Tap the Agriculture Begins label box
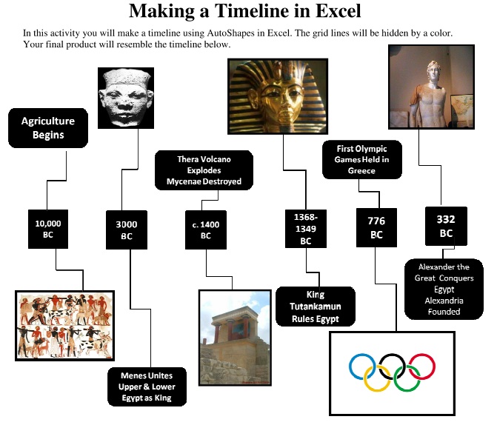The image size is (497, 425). [x=47, y=127]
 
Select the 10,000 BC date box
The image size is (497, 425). [x=48, y=228]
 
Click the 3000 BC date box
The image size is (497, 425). [x=127, y=230]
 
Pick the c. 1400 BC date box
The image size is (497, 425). [x=205, y=230]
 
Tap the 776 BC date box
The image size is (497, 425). [x=376, y=227]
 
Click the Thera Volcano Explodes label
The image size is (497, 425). [x=204, y=170]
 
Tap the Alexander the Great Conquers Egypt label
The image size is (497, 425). [x=444, y=289]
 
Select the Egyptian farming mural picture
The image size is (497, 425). [x=65, y=325]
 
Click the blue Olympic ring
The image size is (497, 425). [x=363, y=366]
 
